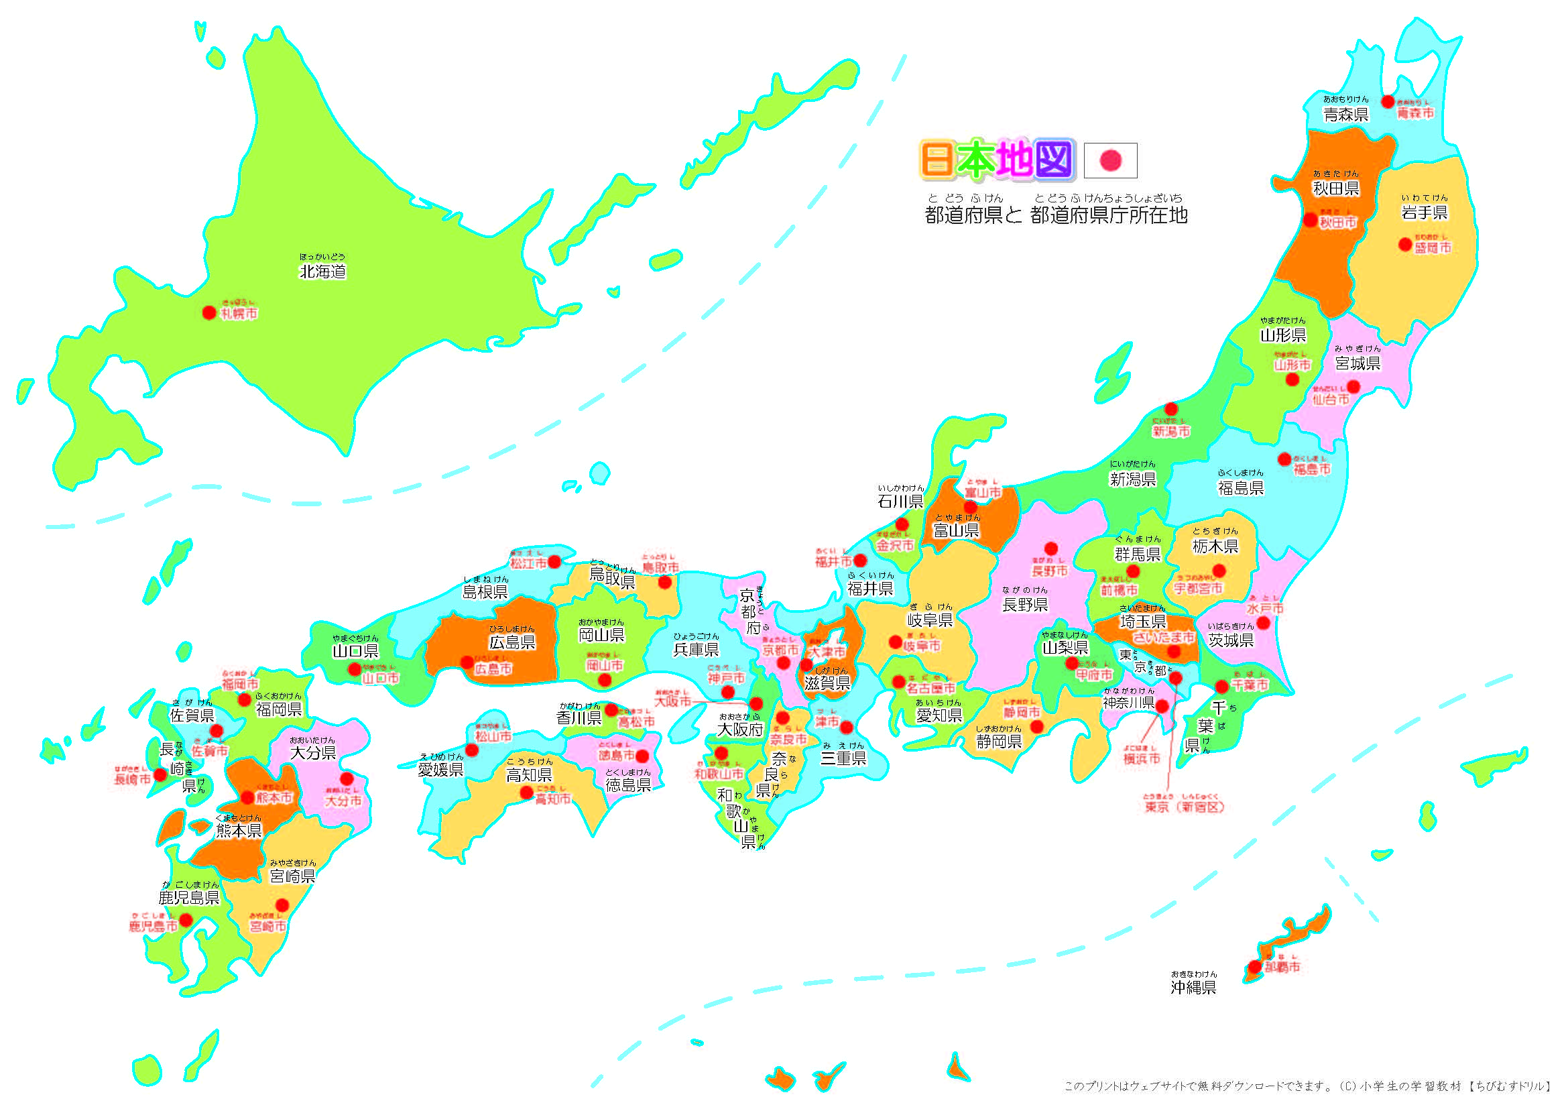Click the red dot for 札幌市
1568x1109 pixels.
tap(209, 312)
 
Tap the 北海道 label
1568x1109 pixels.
tap(322, 272)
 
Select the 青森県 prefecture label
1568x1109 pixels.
tap(1345, 115)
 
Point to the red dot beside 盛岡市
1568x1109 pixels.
tap(1405, 245)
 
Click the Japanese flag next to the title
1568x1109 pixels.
tap(1110, 160)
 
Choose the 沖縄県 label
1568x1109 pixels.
tap(1193, 988)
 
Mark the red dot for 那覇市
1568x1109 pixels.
tap(1254, 967)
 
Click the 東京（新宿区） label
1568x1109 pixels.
tap(1184, 807)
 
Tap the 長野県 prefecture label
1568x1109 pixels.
tap(1024, 604)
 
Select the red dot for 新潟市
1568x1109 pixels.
tap(1171, 409)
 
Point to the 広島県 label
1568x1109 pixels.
tap(512, 642)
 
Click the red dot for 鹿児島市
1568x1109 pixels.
tap(186, 920)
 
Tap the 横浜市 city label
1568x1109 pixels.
tap(1142, 759)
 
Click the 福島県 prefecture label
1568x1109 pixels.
tap(1240, 487)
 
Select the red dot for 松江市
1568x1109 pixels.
tap(554, 561)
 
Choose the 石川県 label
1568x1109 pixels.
tap(900, 502)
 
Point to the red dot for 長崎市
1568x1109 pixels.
tap(160, 774)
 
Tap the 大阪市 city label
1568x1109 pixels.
tap(672, 701)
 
